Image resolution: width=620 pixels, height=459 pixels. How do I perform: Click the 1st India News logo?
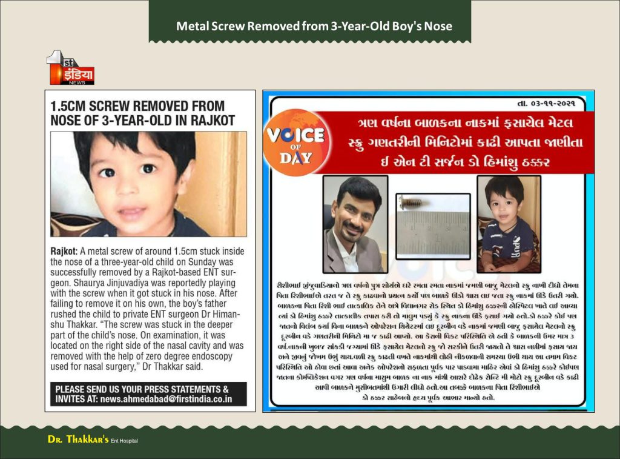71,67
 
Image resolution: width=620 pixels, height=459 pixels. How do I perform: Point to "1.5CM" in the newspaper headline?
69,106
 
